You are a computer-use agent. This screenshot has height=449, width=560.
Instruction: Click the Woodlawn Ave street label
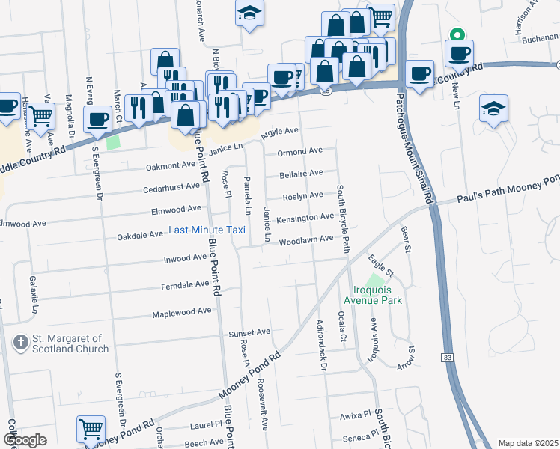[x=306, y=239]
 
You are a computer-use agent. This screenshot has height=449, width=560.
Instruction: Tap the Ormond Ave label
[x=299, y=151]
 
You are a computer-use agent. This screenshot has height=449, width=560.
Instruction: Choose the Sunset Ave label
[x=249, y=332]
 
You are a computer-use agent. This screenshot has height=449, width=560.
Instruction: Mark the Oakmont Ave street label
[x=171, y=165]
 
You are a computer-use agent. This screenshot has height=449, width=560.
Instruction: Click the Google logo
[x=25, y=440]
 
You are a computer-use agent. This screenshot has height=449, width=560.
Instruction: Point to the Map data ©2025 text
[x=529, y=443]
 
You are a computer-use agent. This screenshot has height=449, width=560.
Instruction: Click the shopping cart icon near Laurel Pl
[x=91, y=429]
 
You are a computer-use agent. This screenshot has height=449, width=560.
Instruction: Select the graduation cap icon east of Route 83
[x=494, y=109]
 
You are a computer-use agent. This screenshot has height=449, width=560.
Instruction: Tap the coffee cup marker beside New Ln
[x=459, y=53]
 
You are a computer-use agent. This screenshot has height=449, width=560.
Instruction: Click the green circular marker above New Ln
[x=456, y=34]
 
